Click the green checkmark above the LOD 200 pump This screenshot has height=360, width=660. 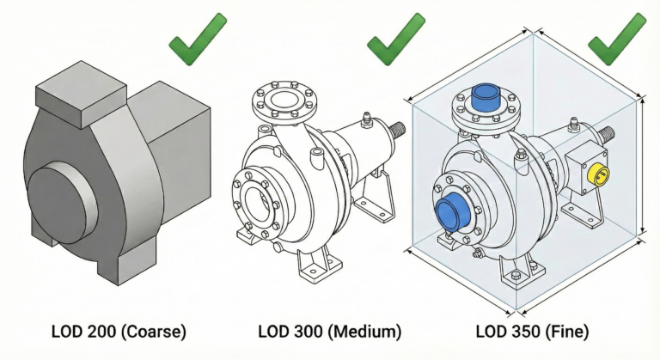click(x=197, y=40)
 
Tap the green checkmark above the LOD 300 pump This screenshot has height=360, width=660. click(x=395, y=40)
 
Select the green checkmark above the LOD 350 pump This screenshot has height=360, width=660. click(x=616, y=40)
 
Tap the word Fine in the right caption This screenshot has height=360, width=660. click(x=567, y=332)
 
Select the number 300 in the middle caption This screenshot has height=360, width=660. click(x=309, y=332)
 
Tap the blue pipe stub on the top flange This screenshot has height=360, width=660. click(x=486, y=97)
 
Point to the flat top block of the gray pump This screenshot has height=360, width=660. click(x=81, y=94)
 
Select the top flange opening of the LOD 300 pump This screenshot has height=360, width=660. click(x=284, y=100)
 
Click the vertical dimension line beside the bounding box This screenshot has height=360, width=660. click(x=642, y=166)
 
